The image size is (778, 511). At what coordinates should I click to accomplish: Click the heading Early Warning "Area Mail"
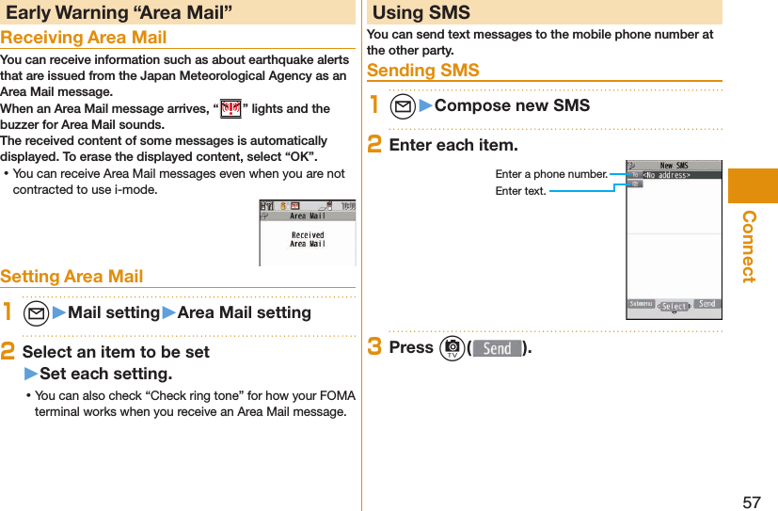coord(119,12)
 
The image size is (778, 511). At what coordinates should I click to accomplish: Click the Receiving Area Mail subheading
coord(84,38)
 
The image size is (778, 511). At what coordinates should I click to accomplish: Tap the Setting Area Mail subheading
coord(72,276)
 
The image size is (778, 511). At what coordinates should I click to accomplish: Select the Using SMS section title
coord(421,12)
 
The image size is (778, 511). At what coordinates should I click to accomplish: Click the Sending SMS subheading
coord(423,71)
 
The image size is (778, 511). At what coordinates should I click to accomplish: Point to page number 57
coord(752,501)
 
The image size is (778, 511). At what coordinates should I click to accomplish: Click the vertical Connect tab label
coord(749,246)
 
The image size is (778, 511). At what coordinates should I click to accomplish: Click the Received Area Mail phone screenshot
coord(307,232)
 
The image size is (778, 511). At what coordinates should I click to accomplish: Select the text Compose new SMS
coord(512,104)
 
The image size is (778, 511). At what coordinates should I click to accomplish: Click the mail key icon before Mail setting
coord(37,312)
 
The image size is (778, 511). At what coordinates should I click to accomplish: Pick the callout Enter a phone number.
coord(551,174)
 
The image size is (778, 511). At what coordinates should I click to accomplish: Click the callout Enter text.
coord(520,191)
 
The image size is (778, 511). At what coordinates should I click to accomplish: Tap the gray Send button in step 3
coord(497,348)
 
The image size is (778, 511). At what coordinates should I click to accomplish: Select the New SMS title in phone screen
coord(674,166)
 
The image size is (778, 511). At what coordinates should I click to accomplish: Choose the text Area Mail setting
coord(244,312)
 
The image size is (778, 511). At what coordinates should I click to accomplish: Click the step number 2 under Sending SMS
coord(373,145)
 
